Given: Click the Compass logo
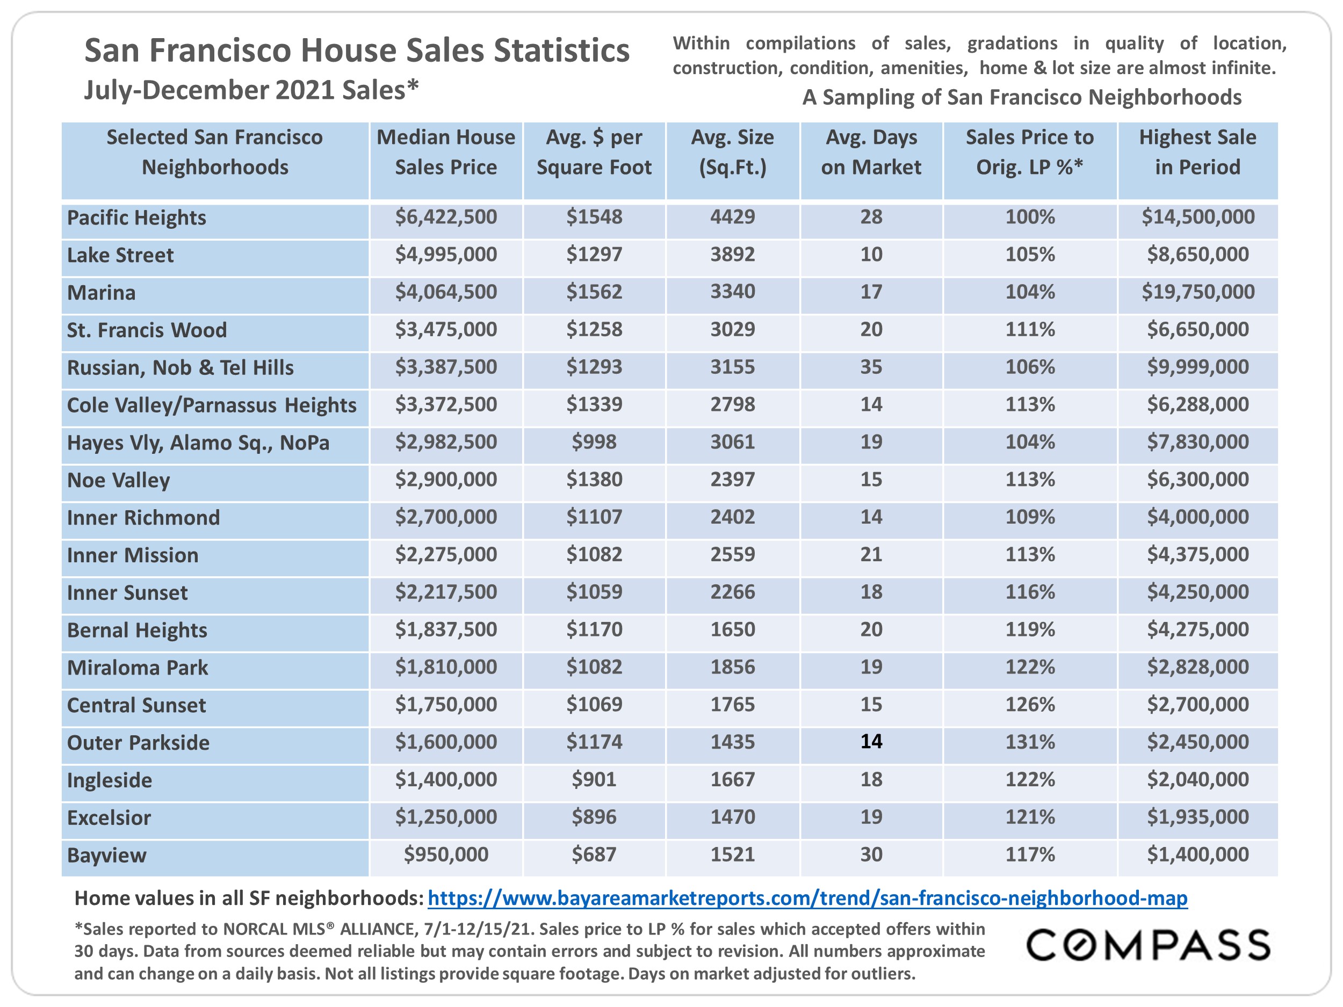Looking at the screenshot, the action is point(1148,945).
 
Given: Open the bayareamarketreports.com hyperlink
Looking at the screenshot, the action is point(807,898).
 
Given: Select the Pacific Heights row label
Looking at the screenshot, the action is point(136,218).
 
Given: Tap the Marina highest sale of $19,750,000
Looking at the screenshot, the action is point(1198,292).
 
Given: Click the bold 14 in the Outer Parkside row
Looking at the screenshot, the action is point(871,741).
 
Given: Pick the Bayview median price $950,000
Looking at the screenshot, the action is point(446,854).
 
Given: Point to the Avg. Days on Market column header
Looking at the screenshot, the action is point(871,153).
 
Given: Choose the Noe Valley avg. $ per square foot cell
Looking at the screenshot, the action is point(594,480).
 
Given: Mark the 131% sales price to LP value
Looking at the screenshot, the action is point(1030,742).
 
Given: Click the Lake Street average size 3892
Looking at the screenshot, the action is point(733,255).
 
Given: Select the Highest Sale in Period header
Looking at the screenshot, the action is point(1198,153).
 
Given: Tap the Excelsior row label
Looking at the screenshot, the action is point(109,817).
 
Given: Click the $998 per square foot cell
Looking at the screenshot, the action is point(594,442).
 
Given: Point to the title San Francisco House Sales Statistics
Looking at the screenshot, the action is point(357,50).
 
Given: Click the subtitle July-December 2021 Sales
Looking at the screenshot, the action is point(251,90).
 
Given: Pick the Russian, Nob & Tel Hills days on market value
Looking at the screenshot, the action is point(871,367).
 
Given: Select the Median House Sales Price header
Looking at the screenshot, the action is point(446,153).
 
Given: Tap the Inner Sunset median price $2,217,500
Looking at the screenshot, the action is point(446,592).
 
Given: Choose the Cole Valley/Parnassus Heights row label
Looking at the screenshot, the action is point(211,405).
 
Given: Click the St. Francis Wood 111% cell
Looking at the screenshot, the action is point(1030,330).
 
